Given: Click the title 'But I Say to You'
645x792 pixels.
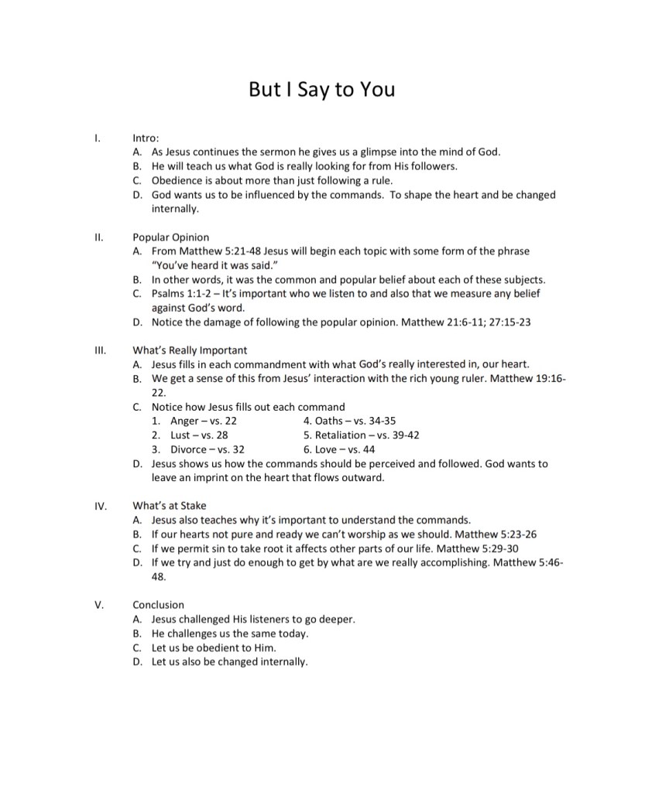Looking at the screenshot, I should (x=321, y=90).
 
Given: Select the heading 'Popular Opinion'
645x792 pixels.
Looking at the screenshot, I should (x=170, y=237).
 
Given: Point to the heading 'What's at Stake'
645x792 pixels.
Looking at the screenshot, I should (x=170, y=506).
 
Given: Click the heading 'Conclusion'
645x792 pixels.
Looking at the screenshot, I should (x=159, y=605).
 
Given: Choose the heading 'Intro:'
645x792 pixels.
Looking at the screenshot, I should (x=146, y=138).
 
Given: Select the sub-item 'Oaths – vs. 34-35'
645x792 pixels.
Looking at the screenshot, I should (x=350, y=421).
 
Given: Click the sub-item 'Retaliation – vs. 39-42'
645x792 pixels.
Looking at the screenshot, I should (x=362, y=435).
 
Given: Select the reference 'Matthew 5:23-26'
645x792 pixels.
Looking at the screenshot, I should (x=494, y=534).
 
